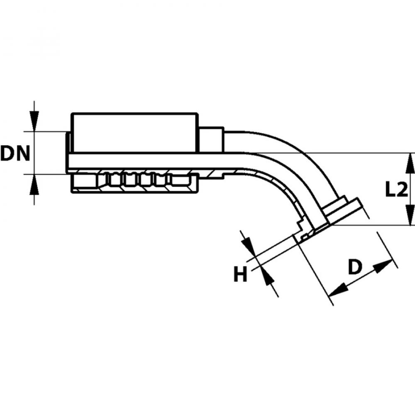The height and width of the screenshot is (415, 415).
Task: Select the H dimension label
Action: (x=241, y=274)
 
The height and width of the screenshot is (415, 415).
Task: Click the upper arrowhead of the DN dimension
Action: (x=35, y=120)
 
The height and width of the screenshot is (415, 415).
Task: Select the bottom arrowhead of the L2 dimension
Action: (x=410, y=216)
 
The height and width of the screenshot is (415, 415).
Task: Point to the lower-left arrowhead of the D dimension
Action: (x=339, y=288)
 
